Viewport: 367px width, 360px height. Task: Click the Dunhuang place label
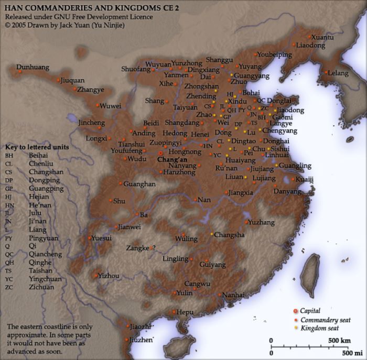[33, 67]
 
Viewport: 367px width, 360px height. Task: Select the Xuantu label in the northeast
[322, 37]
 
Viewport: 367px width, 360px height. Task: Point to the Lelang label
[338, 73]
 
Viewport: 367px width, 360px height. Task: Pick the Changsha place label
[229, 235]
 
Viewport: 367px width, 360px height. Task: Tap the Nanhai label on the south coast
[233, 296]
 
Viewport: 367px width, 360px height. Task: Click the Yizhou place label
[109, 276]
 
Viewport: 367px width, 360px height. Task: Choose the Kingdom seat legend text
[320, 328]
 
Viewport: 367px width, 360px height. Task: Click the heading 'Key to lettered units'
[37, 147]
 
